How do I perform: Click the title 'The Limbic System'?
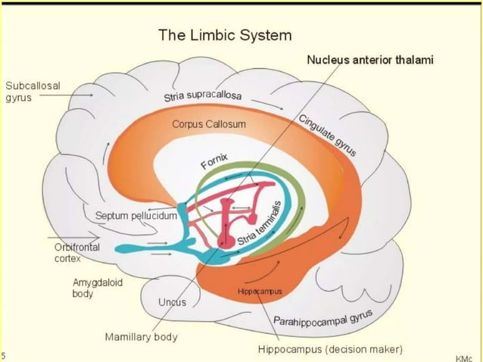(x=224, y=35)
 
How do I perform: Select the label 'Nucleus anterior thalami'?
(x=370, y=60)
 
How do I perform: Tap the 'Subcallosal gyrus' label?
(x=33, y=91)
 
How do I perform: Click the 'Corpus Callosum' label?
(x=209, y=123)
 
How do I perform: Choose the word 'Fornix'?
(x=214, y=160)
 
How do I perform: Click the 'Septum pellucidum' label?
(x=136, y=216)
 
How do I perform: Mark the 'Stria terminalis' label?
(x=260, y=224)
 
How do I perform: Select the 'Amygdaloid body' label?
(x=92, y=287)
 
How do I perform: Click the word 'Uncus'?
(x=172, y=302)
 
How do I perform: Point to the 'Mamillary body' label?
(x=142, y=336)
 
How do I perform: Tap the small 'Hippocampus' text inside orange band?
(x=260, y=292)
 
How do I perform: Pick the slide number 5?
(x=3, y=354)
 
